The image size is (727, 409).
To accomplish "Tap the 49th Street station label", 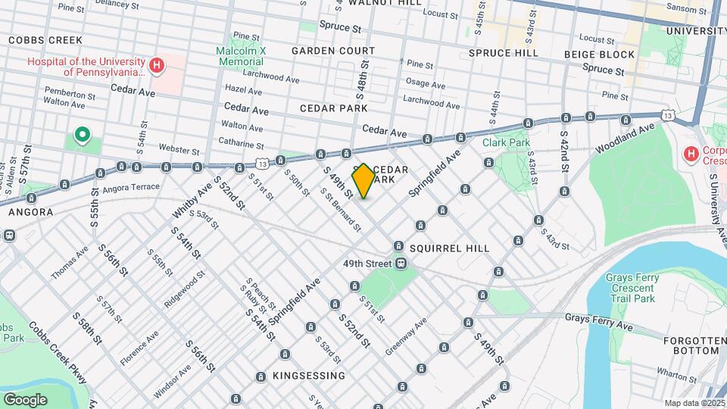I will [365, 264].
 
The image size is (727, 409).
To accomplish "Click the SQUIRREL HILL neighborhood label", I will [449, 248].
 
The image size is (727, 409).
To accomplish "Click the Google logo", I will [25, 399].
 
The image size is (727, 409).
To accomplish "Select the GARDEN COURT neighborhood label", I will [333, 51].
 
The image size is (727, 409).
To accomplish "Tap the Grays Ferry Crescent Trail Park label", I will [630, 289].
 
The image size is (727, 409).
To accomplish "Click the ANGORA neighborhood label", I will [30, 212].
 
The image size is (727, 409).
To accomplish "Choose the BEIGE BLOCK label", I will [599, 55].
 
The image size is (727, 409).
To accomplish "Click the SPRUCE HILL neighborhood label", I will [503, 53].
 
